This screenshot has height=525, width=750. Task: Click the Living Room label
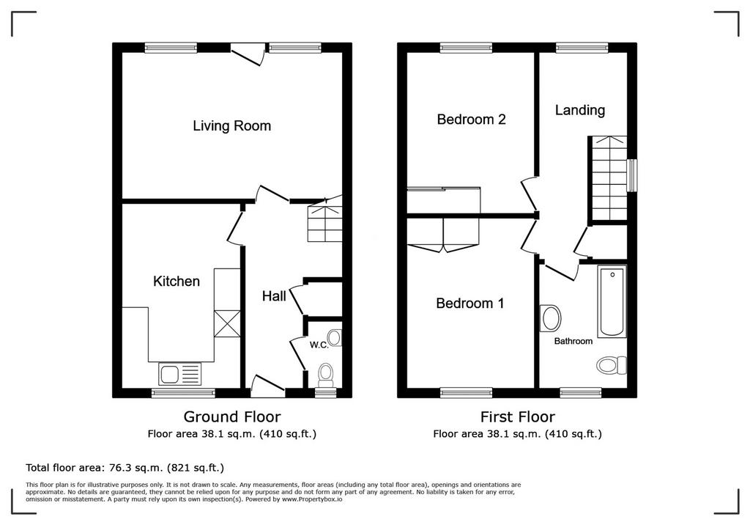pyautogui.click(x=232, y=126)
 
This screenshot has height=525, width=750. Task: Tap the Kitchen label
pyautogui.click(x=177, y=281)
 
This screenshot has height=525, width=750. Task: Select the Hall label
pyautogui.click(x=274, y=296)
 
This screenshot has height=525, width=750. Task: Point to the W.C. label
pyautogui.click(x=319, y=345)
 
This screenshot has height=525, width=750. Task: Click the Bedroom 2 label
pyautogui.click(x=471, y=120)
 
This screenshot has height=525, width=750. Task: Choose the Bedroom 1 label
pyautogui.click(x=470, y=304)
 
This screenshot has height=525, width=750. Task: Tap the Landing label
pyautogui.click(x=580, y=111)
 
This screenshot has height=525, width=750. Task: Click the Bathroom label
pyautogui.click(x=573, y=341)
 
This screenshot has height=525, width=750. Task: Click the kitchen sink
pyautogui.click(x=180, y=374)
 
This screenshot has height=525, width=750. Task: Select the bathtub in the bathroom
pyautogui.click(x=612, y=302)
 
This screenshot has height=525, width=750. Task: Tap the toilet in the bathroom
pyautogui.click(x=612, y=365)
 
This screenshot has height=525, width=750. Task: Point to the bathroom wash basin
pyautogui.click(x=551, y=318)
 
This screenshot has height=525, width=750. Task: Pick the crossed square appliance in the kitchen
pyautogui.click(x=227, y=324)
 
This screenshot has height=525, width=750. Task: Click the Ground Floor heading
pyautogui.click(x=232, y=416)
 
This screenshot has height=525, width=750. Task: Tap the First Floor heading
pyautogui.click(x=518, y=416)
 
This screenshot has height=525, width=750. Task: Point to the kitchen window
pyautogui.click(x=183, y=393)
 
